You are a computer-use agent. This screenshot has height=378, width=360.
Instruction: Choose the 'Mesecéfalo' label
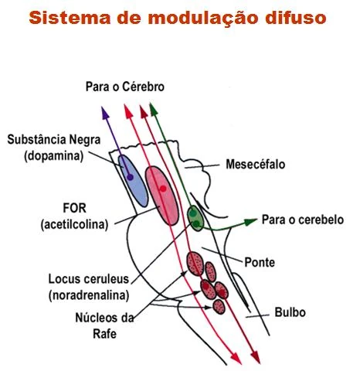click(254, 165)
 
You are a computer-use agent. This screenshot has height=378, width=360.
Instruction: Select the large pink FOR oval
click(163, 192)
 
